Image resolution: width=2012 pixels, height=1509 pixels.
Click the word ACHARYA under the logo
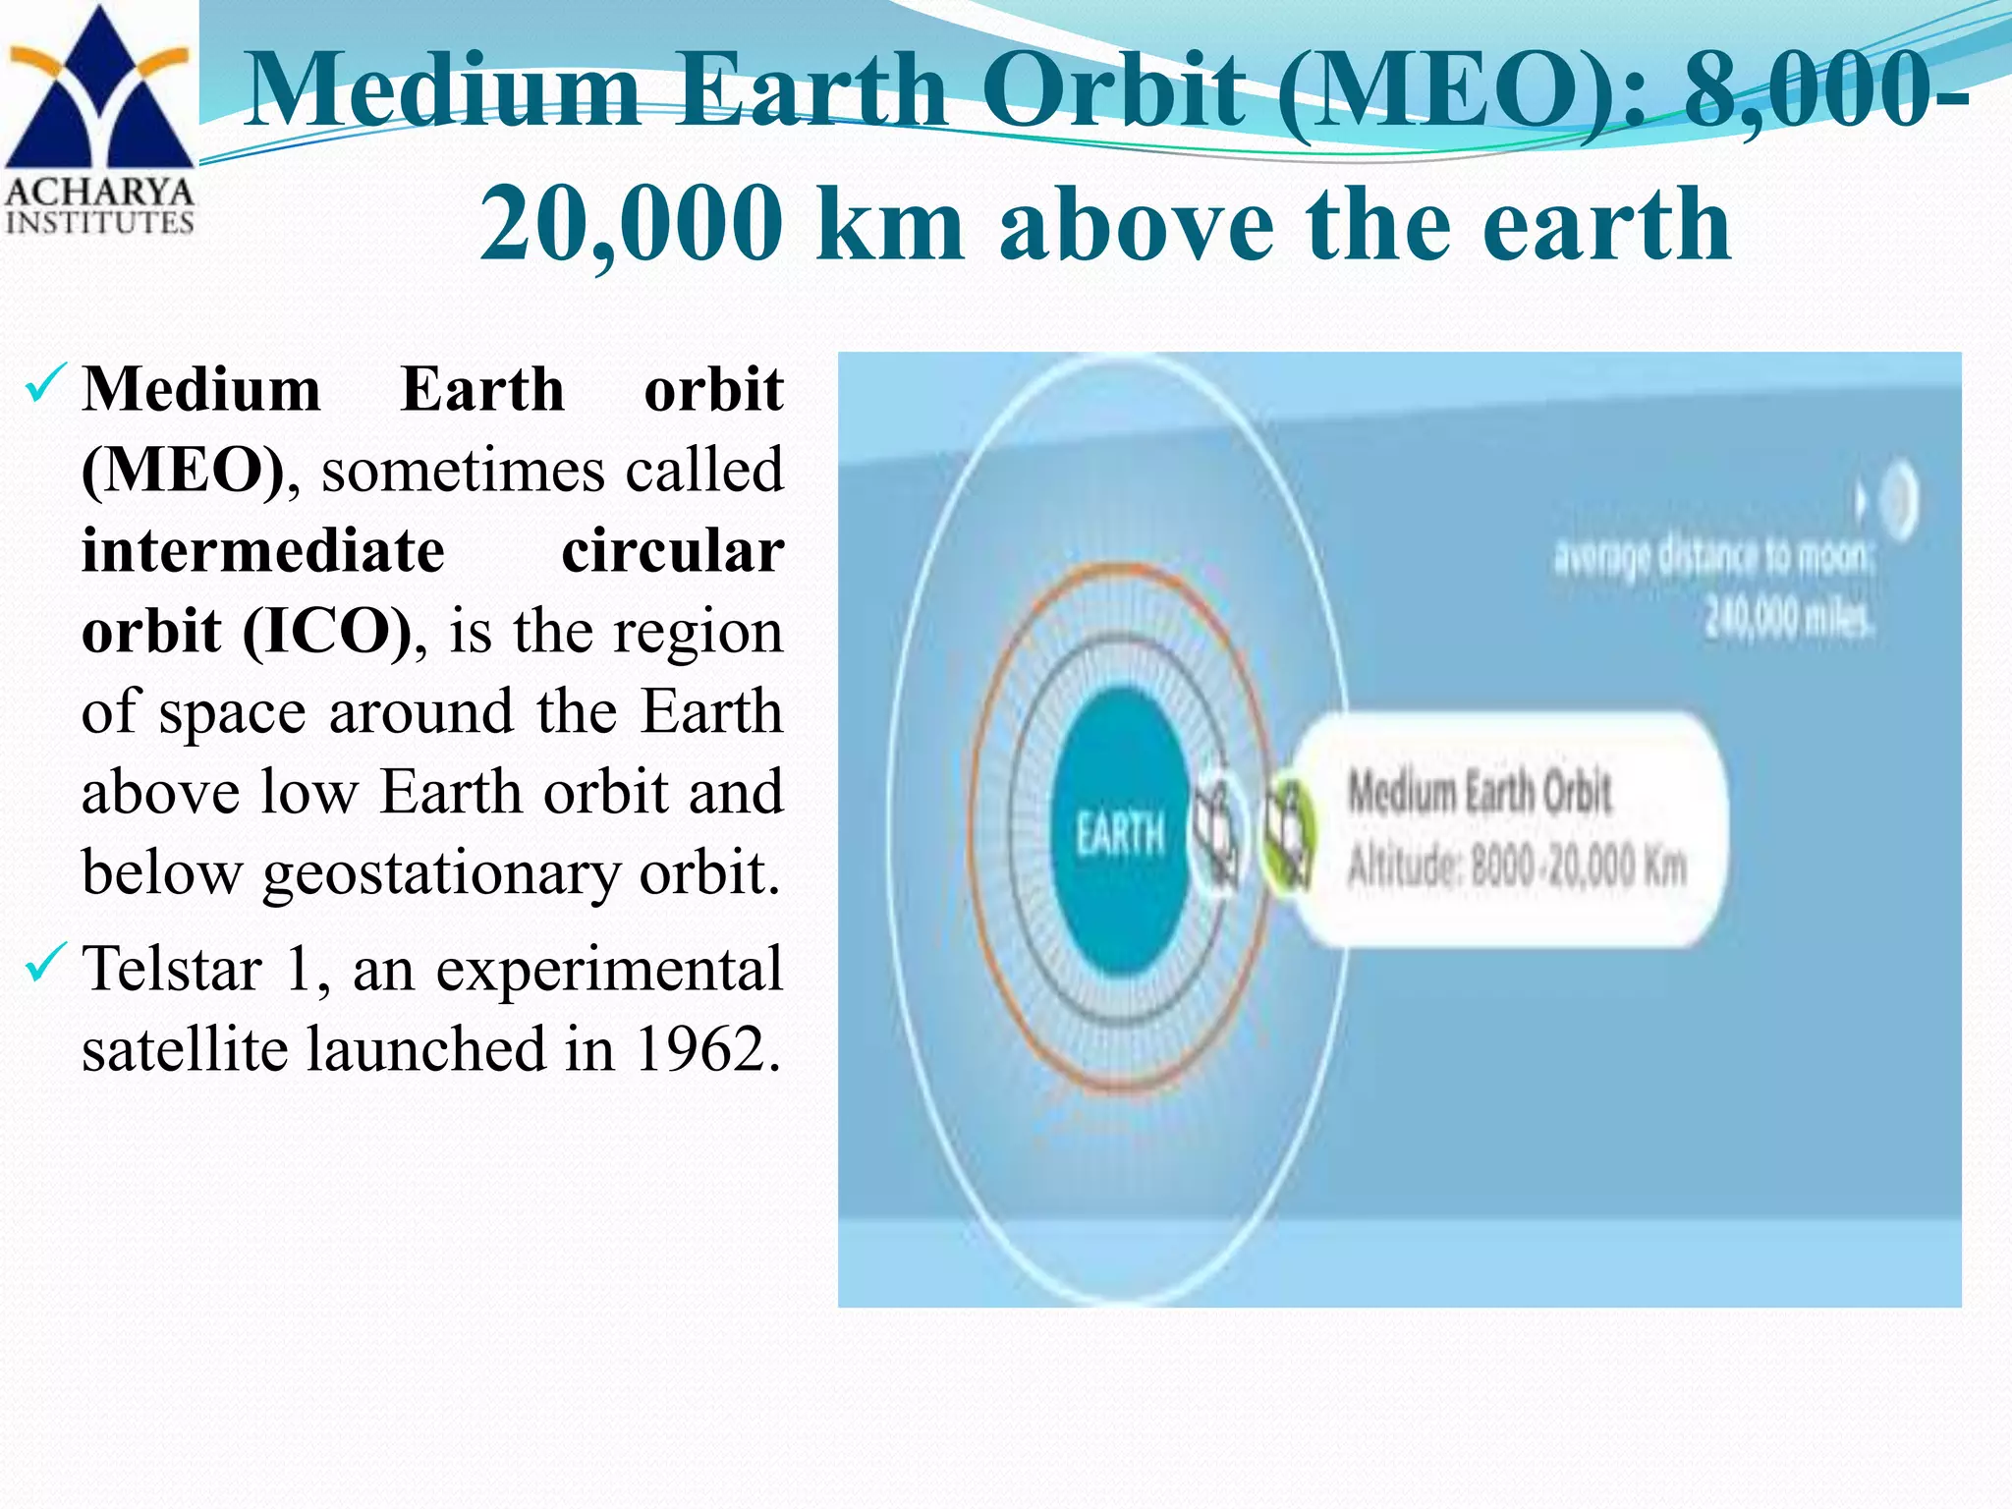(x=99, y=191)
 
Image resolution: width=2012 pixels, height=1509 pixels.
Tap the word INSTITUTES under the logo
(x=99, y=222)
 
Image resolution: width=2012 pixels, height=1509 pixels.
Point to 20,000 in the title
(x=632, y=225)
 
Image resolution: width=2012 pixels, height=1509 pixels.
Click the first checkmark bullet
(x=46, y=383)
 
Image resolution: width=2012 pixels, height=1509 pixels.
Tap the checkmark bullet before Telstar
(x=46, y=962)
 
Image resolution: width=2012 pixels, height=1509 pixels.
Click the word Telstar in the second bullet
(x=172, y=968)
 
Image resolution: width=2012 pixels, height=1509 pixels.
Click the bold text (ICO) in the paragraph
(x=327, y=630)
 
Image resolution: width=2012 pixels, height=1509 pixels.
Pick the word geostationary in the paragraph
(x=441, y=873)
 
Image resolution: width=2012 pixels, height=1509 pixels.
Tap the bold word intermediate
(x=263, y=550)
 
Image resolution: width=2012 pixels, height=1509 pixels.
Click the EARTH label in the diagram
(x=1120, y=835)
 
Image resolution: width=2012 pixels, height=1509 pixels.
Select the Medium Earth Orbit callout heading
(x=1480, y=793)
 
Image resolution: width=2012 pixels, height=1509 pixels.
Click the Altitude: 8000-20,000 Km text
(x=1517, y=866)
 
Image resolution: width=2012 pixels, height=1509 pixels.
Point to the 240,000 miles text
(x=1788, y=619)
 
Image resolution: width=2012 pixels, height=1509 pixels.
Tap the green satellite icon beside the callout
(x=1287, y=834)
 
